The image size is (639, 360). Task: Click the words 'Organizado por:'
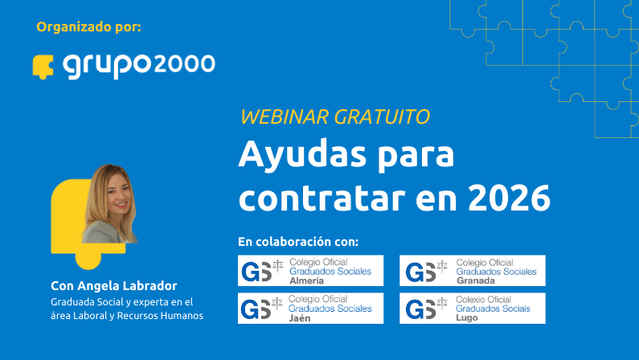click(x=88, y=27)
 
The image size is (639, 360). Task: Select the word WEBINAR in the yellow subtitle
click(x=283, y=117)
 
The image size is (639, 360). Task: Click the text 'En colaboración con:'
click(x=298, y=242)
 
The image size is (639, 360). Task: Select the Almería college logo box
click(x=310, y=271)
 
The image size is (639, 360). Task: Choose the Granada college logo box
click(x=472, y=271)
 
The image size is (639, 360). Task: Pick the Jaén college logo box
click(x=310, y=308)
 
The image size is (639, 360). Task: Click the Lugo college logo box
click(x=472, y=308)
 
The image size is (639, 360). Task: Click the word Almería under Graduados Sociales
click(x=306, y=281)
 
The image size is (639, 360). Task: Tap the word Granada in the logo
click(x=475, y=281)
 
